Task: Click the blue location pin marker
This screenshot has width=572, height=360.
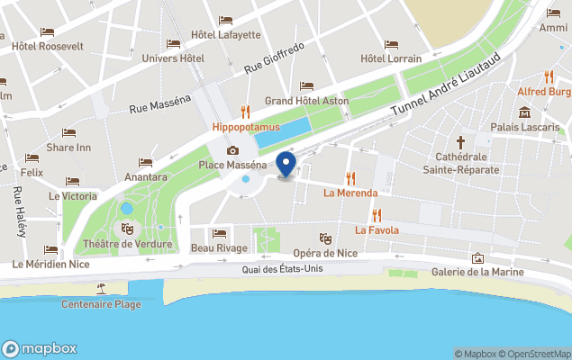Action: point(286,165)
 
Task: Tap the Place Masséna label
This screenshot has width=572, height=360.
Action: point(232,166)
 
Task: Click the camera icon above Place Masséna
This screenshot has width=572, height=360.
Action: point(232,150)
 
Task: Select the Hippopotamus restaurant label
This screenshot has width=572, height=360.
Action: point(245,128)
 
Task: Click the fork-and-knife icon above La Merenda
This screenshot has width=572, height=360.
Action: point(350,177)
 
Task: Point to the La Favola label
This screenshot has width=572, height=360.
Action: point(377,229)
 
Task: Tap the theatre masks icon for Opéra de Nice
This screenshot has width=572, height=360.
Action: point(325,238)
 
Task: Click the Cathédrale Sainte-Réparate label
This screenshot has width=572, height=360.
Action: point(460,163)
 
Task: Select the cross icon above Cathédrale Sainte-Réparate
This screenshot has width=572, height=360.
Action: point(460,142)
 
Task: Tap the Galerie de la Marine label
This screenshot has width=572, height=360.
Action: point(477,273)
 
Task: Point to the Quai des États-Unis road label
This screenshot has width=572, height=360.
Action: point(283,269)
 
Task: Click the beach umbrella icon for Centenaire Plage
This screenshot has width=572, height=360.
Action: point(101,289)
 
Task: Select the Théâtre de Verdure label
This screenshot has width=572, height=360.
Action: point(127,245)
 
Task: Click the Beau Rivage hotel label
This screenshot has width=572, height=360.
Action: point(219,248)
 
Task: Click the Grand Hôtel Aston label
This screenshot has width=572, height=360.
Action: point(306,102)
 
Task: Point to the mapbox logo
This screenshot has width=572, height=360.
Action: point(40,349)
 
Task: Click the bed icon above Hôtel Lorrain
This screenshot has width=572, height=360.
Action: point(391,44)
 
